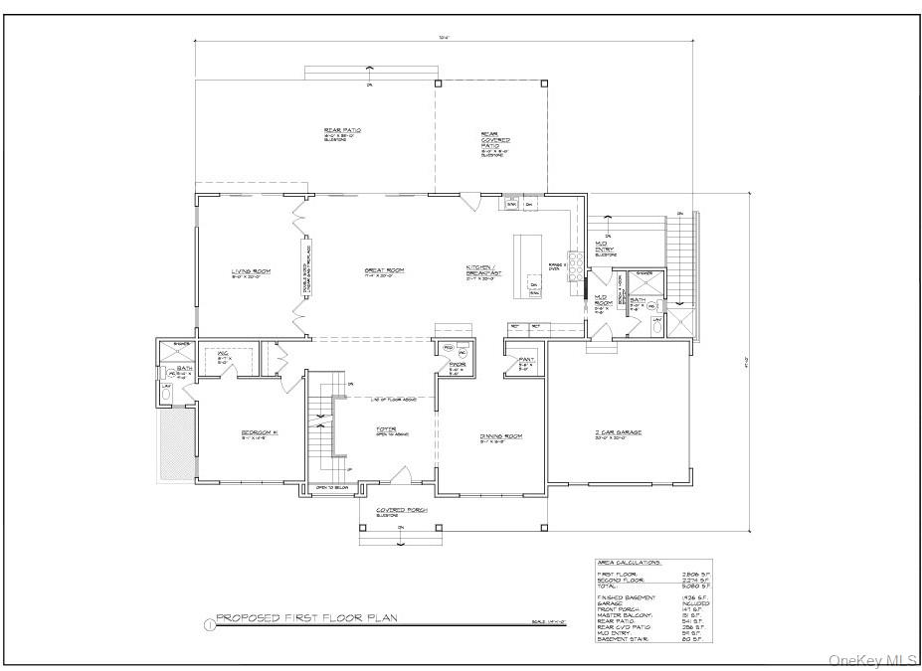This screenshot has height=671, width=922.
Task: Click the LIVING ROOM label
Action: [252, 271]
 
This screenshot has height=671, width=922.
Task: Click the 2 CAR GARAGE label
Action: [618, 433]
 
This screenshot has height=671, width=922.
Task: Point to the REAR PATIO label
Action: [341, 130]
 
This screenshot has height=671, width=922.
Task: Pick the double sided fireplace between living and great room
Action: [305, 266]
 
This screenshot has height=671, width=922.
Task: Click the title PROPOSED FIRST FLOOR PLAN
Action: [306, 618]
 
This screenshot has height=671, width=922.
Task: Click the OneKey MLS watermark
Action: [872, 659]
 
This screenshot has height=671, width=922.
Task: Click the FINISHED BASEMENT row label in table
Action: [625, 596]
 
